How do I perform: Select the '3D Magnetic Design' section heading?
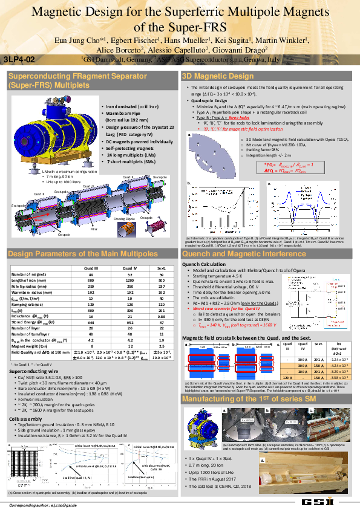(218, 76)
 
